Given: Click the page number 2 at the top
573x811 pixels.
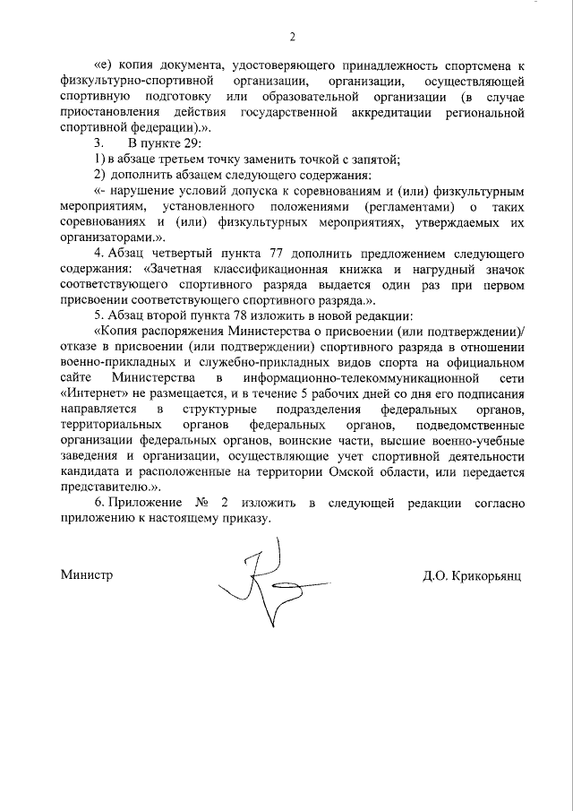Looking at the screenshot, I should pyautogui.click(x=292, y=37).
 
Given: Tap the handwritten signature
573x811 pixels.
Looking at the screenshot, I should pyautogui.click(x=259, y=583).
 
